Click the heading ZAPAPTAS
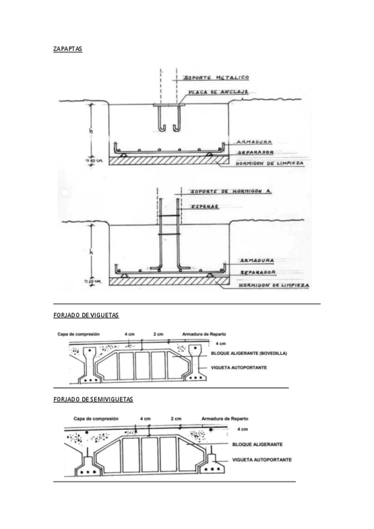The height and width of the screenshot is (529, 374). point(68,48)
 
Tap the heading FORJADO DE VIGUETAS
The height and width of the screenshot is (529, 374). point(86,316)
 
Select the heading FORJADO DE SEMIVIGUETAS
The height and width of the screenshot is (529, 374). point(93,399)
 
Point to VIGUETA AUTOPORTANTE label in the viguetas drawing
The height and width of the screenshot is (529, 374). point(240,367)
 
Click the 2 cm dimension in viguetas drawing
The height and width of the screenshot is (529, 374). point(158,334)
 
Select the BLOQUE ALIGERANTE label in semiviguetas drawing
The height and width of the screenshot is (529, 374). point(257,445)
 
